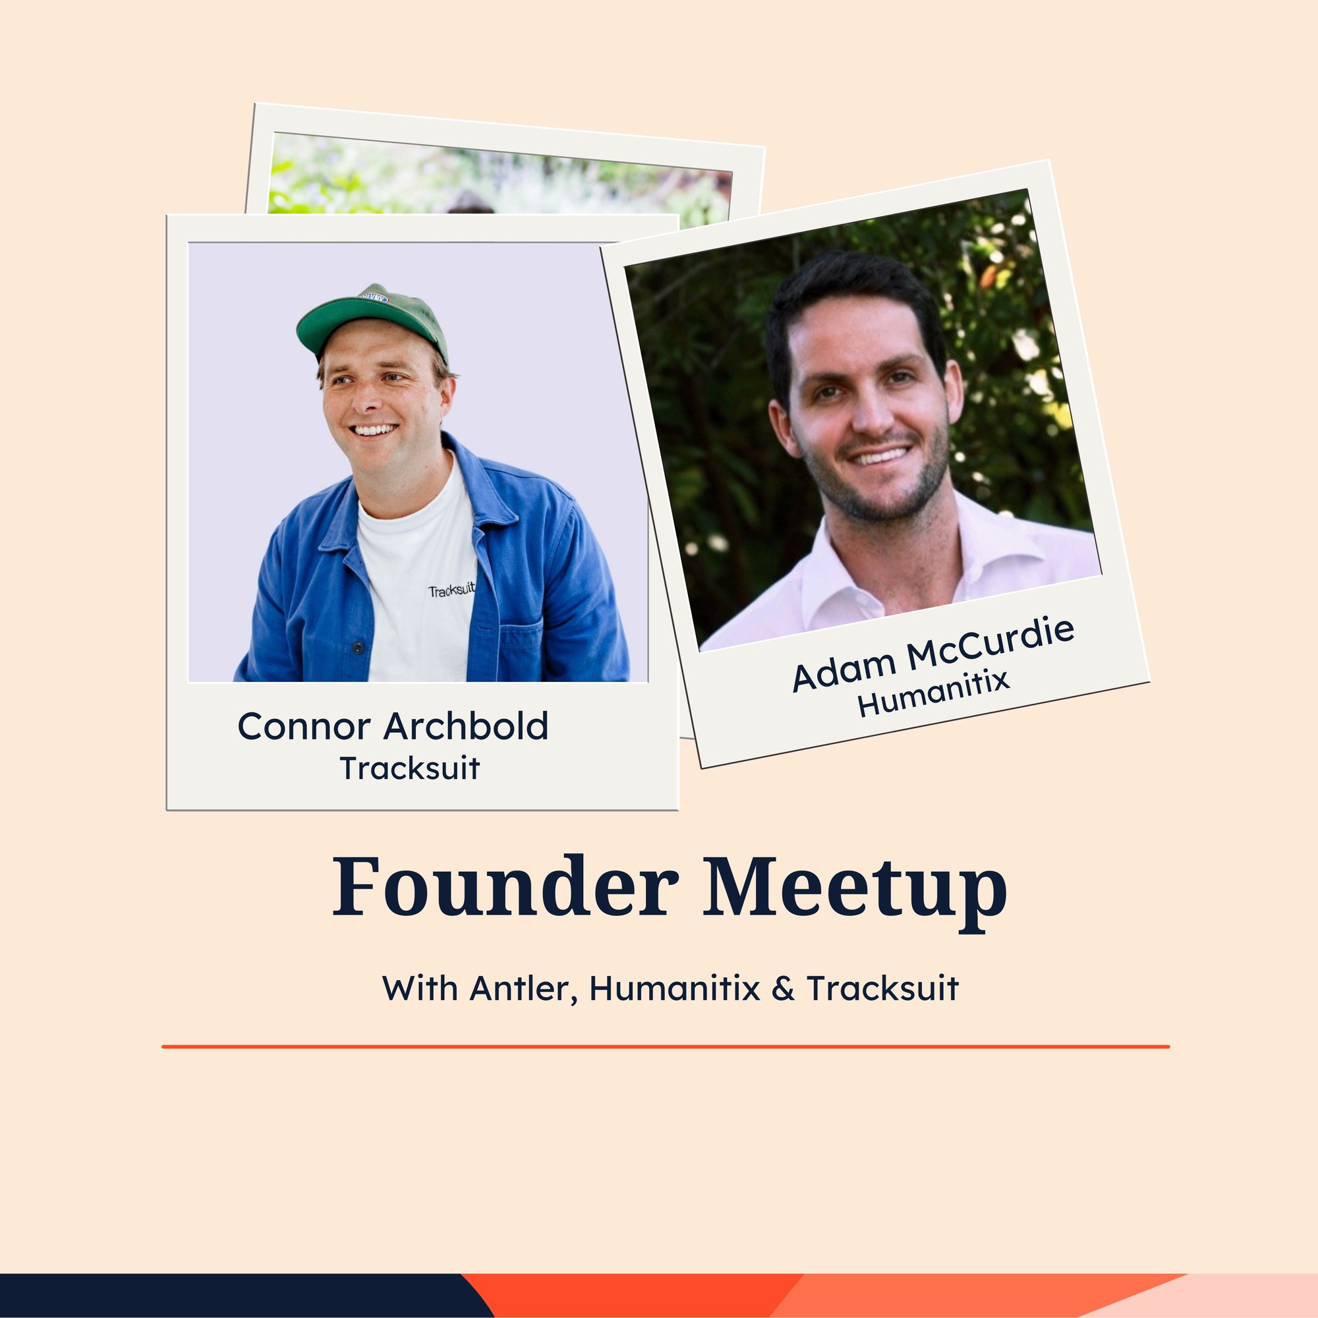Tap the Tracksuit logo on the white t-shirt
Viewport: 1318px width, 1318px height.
(x=451, y=588)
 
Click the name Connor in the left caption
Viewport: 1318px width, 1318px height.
(x=304, y=726)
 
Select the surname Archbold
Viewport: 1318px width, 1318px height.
(x=466, y=726)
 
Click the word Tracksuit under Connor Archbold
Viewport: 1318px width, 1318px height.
(x=410, y=768)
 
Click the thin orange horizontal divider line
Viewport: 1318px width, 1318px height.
(x=666, y=1046)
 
